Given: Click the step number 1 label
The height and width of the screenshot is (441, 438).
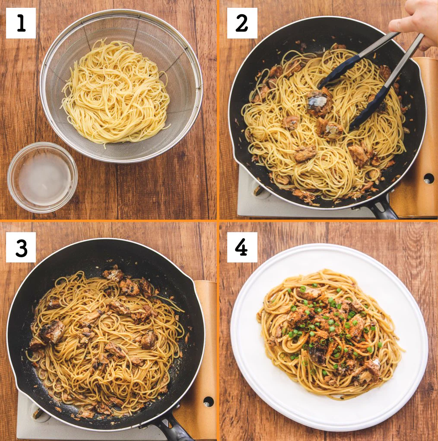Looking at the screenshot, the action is click(21, 23).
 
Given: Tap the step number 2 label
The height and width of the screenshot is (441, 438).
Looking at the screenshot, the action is click(242, 23).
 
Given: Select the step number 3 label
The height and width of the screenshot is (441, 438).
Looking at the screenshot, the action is click(21, 247).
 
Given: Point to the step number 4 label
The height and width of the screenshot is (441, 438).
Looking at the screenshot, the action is click(242, 247).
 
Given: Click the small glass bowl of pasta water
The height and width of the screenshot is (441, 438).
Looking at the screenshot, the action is click(42, 177).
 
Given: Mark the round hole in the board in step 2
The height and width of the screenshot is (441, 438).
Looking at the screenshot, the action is click(429, 178).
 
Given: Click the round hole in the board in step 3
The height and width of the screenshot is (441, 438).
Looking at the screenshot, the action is click(208, 402).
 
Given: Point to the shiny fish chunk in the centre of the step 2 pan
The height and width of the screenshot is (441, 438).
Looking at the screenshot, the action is click(319, 101).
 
